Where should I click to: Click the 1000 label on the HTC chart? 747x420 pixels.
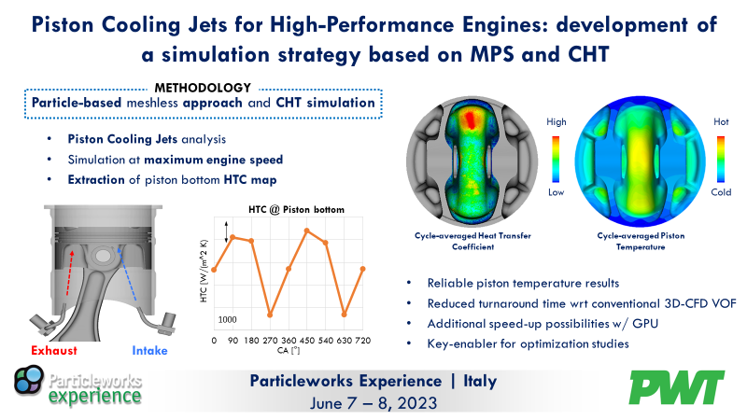point(228,319)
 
